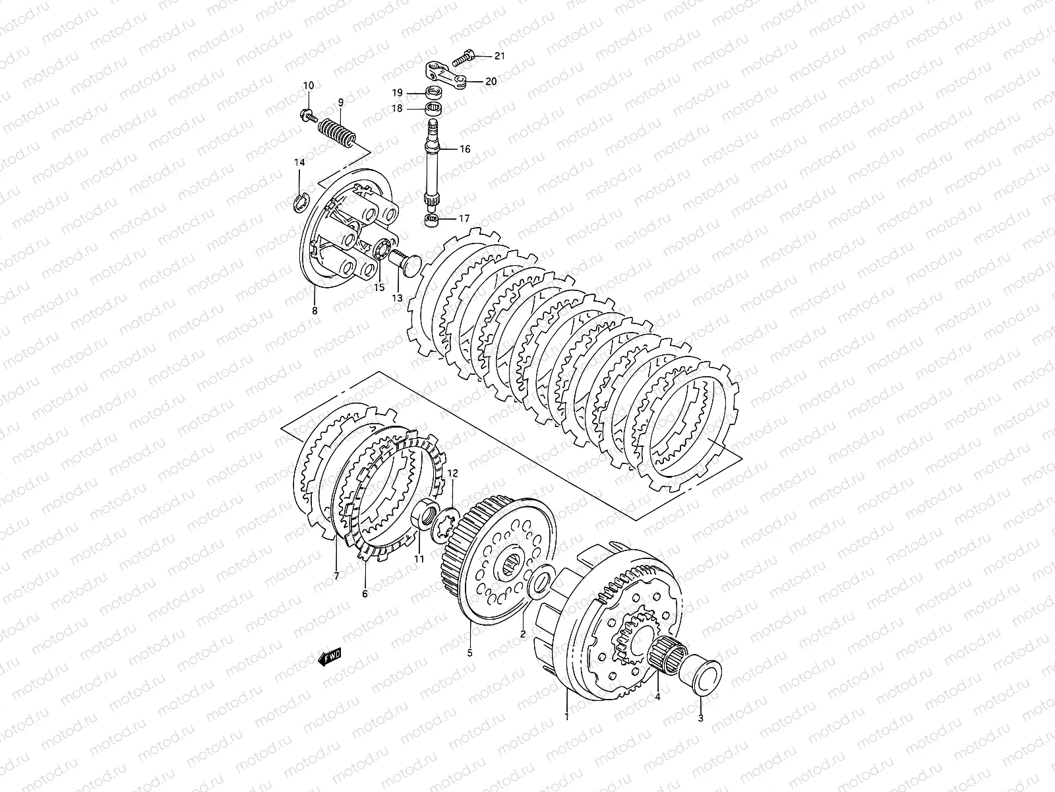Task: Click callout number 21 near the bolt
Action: [x=499, y=56]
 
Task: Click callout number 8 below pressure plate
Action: [x=315, y=310]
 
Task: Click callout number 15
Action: [x=378, y=287]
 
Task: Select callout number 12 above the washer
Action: [x=452, y=474]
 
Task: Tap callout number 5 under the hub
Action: [x=470, y=653]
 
